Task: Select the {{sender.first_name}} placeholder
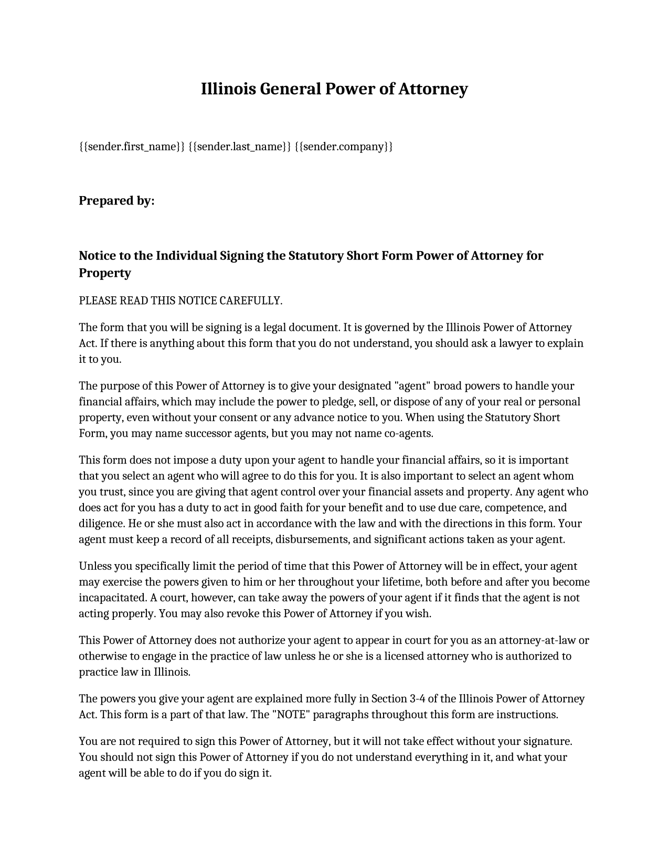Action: pyautogui.click(x=132, y=146)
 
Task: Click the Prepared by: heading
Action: pyautogui.click(x=116, y=201)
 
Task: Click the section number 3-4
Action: pyautogui.click(x=412, y=699)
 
